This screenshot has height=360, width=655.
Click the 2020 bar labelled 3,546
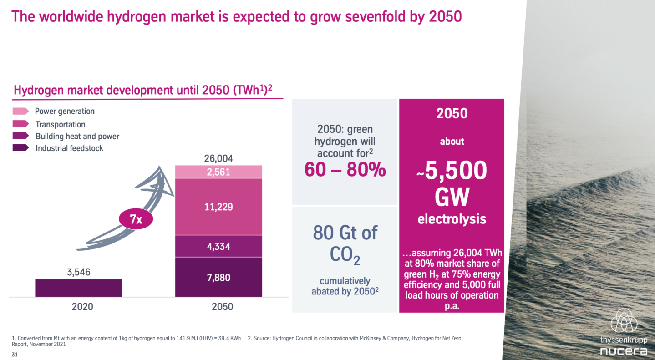(78, 288)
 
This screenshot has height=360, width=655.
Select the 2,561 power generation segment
(219, 172)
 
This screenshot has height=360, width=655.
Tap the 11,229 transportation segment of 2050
(219, 207)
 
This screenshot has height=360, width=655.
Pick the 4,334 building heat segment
(219, 246)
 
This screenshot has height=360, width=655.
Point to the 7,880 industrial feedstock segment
(219, 277)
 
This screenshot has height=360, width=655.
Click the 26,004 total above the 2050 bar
(219, 158)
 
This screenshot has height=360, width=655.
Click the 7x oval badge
(136, 220)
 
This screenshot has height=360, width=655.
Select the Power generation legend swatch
(21, 111)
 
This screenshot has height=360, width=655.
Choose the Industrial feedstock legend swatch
(21, 148)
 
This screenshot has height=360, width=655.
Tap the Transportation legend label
(60, 124)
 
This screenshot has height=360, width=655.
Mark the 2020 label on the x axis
(82, 307)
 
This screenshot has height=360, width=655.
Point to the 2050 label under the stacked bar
(222, 307)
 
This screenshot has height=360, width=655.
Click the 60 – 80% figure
(345, 170)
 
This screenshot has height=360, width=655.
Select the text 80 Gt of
(345, 233)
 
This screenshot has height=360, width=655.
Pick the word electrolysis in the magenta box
(452, 219)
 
